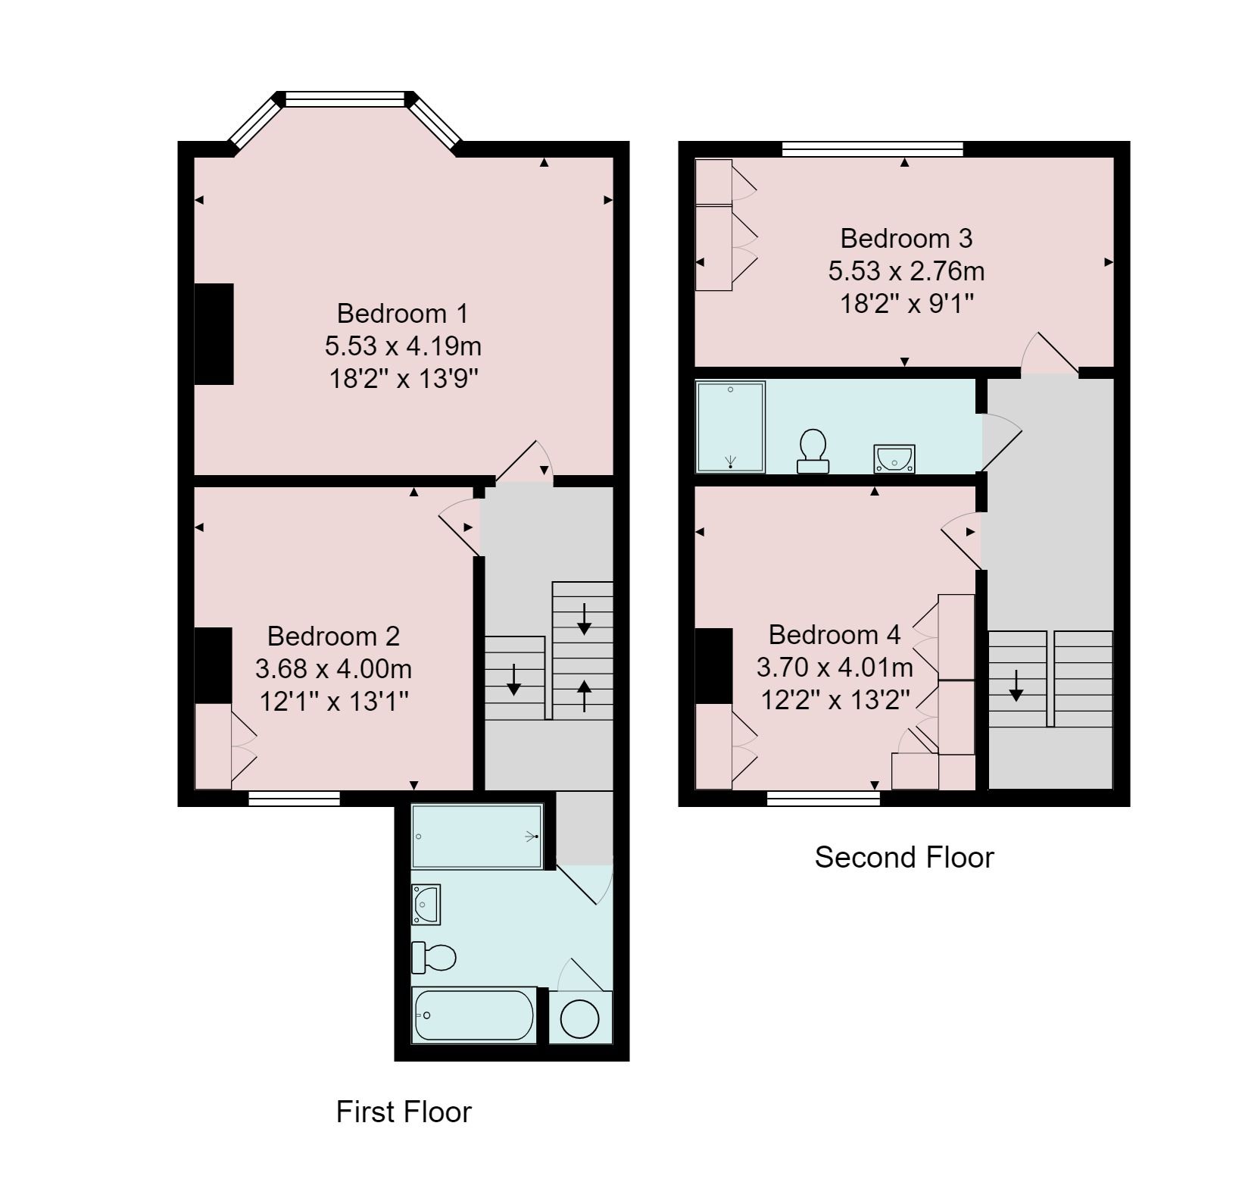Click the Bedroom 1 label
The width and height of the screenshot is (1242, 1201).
pos(402,313)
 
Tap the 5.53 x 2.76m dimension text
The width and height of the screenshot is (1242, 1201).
pos(906,271)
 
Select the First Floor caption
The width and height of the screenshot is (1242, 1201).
pos(404,1112)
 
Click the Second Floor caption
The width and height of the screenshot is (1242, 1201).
pos(904,857)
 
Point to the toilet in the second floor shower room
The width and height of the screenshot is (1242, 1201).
pos(813,452)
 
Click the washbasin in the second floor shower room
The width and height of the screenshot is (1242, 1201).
pos(894,459)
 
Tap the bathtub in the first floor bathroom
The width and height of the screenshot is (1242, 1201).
pos(474,1015)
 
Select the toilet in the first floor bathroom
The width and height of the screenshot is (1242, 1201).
pos(434,958)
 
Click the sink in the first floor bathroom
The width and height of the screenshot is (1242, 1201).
pos(426,904)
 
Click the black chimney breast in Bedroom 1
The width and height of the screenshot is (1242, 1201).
pos(214,334)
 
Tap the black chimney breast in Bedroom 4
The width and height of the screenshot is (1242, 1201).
pos(713,665)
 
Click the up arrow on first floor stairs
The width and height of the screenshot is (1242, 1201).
pos(584,695)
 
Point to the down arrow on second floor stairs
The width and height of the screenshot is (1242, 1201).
pos(1016,685)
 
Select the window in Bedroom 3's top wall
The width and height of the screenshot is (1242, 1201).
pos(872,149)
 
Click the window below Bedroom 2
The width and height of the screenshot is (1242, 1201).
pos(294,797)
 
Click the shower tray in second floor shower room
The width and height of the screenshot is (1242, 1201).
pos(730,427)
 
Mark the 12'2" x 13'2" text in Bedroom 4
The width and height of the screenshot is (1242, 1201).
pos(835,699)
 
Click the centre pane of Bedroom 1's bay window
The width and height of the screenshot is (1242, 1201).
pos(345,99)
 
